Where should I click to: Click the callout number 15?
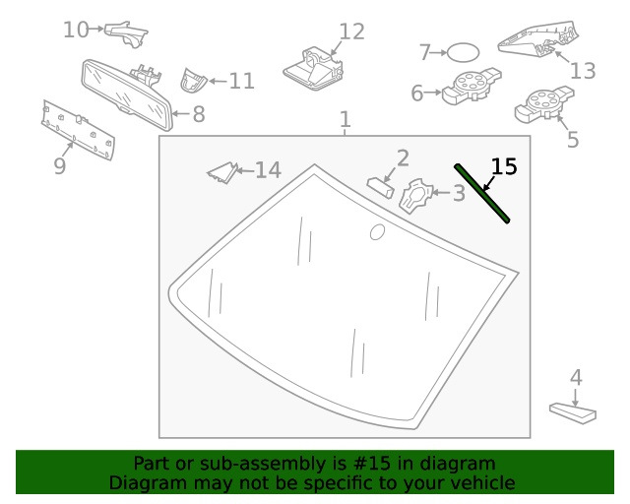click(504, 166)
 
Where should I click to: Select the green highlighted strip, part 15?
click(481, 193)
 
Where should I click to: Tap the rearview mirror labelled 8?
click(127, 94)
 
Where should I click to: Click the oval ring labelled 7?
click(463, 52)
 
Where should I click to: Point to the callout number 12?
click(352, 31)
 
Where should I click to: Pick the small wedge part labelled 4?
click(573, 413)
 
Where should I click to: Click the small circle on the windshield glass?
click(377, 232)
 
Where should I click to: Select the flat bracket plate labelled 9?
click(78, 129)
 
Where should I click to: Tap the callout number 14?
click(268, 169)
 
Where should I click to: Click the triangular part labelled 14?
click(223, 173)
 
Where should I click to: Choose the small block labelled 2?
click(380, 187)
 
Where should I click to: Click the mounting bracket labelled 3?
click(414, 196)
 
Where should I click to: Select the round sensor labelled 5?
click(544, 104)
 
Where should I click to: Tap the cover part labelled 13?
click(538, 39)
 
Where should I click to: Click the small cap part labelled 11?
click(193, 81)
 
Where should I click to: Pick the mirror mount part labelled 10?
click(126, 33)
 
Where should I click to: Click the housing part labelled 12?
click(313, 68)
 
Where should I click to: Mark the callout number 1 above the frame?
click(345, 119)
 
